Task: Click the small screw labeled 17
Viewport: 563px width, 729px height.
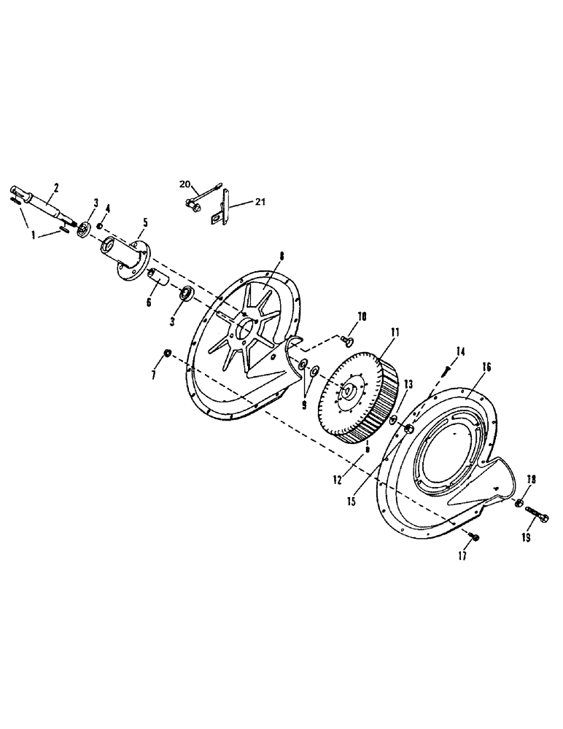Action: point(475,537)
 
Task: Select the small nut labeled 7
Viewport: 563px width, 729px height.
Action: point(166,354)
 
